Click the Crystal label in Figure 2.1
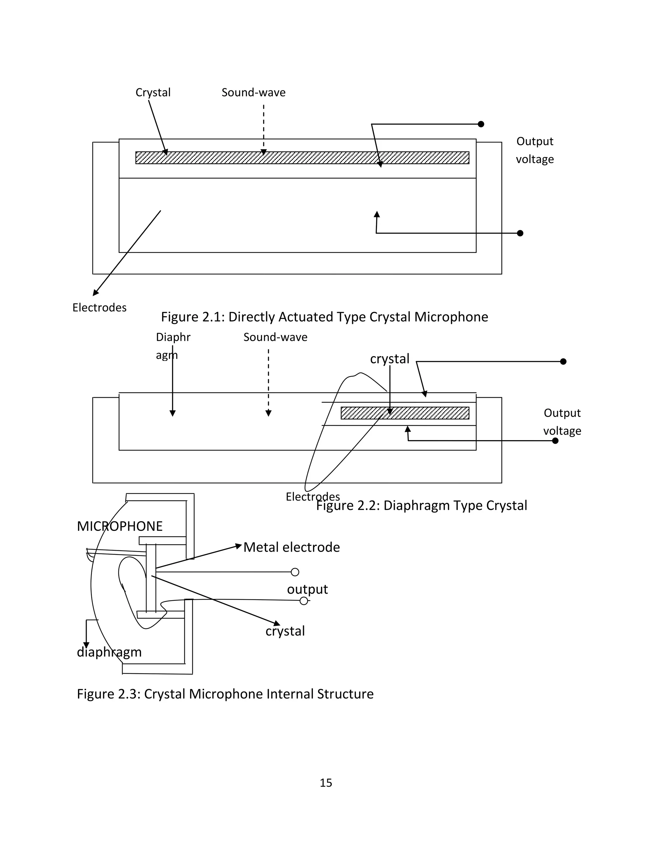click(153, 93)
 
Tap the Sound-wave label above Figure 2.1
click(253, 93)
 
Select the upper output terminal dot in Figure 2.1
click(481, 124)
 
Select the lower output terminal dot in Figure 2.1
click(520, 233)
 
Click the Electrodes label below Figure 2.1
click(99, 308)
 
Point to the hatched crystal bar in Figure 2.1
click(302, 158)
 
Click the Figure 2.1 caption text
click(324, 317)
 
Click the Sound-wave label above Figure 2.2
click(275, 337)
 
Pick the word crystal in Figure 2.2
click(389, 359)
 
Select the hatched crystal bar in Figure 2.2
click(405, 413)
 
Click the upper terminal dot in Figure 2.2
click(563, 361)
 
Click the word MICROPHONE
click(120, 526)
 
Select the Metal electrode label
click(292, 547)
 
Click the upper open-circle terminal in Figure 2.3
click(295, 572)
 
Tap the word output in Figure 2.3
click(307, 589)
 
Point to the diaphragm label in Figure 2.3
click(109, 652)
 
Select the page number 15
click(326, 783)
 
